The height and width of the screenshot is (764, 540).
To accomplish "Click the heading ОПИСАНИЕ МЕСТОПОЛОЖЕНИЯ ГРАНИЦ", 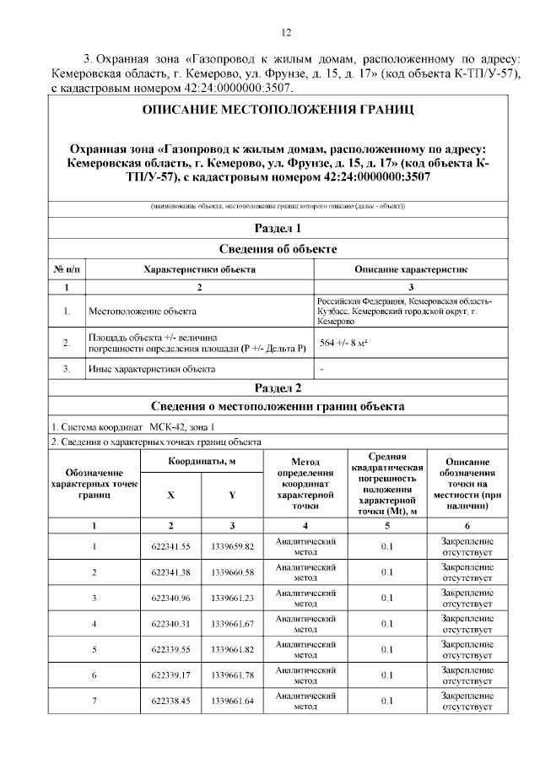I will (x=278, y=111).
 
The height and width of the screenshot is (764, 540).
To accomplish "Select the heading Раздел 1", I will (x=278, y=228).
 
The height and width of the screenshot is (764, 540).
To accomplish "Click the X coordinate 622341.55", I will (x=170, y=546).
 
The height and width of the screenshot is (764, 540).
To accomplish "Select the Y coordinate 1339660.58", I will (x=233, y=572).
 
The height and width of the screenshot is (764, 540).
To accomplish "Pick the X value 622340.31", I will (x=170, y=624).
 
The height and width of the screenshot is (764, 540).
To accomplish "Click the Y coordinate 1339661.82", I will (x=233, y=650).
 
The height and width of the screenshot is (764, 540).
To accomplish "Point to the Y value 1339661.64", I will (x=233, y=702).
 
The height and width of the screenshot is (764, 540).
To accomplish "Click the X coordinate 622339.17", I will (x=170, y=675).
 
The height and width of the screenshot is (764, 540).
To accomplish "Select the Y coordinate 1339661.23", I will (x=233, y=599).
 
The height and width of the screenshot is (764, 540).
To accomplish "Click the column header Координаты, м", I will (x=201, y=462).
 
